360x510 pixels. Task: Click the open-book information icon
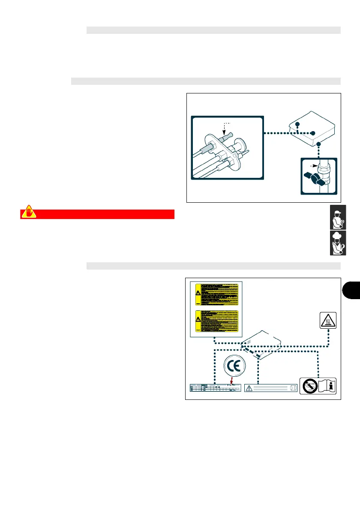pos(325,385)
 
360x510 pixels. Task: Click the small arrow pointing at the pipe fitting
pos(314,165)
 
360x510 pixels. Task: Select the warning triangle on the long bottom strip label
pos(249,388)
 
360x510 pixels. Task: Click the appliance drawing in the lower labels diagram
pos(261,345)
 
